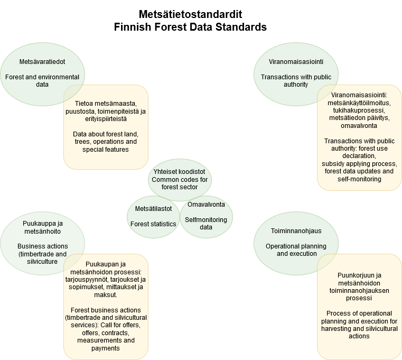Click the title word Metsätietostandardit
click(x=190, y=14)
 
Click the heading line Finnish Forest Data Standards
click(x=190, y=27)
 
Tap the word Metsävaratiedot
click(x=42, y=61)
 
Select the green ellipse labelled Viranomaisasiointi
click(x=296, y=74)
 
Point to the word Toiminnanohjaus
click(x=296, y=230)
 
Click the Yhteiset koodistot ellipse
click(x=180, y=180)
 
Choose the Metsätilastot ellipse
click(x=153, y=217)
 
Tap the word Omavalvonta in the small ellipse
click(x=206, y=205)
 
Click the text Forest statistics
click(x=153, y=224)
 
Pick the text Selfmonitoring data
click(x=206, y=223)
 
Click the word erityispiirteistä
click(x=106, y=119)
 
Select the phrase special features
click(x=106, y=149)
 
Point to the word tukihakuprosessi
click(x=359, y=110)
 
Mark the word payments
click(x=106, y=348)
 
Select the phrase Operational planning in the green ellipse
click(x=296, y=246)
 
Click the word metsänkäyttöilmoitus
click(x=359, y=103)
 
